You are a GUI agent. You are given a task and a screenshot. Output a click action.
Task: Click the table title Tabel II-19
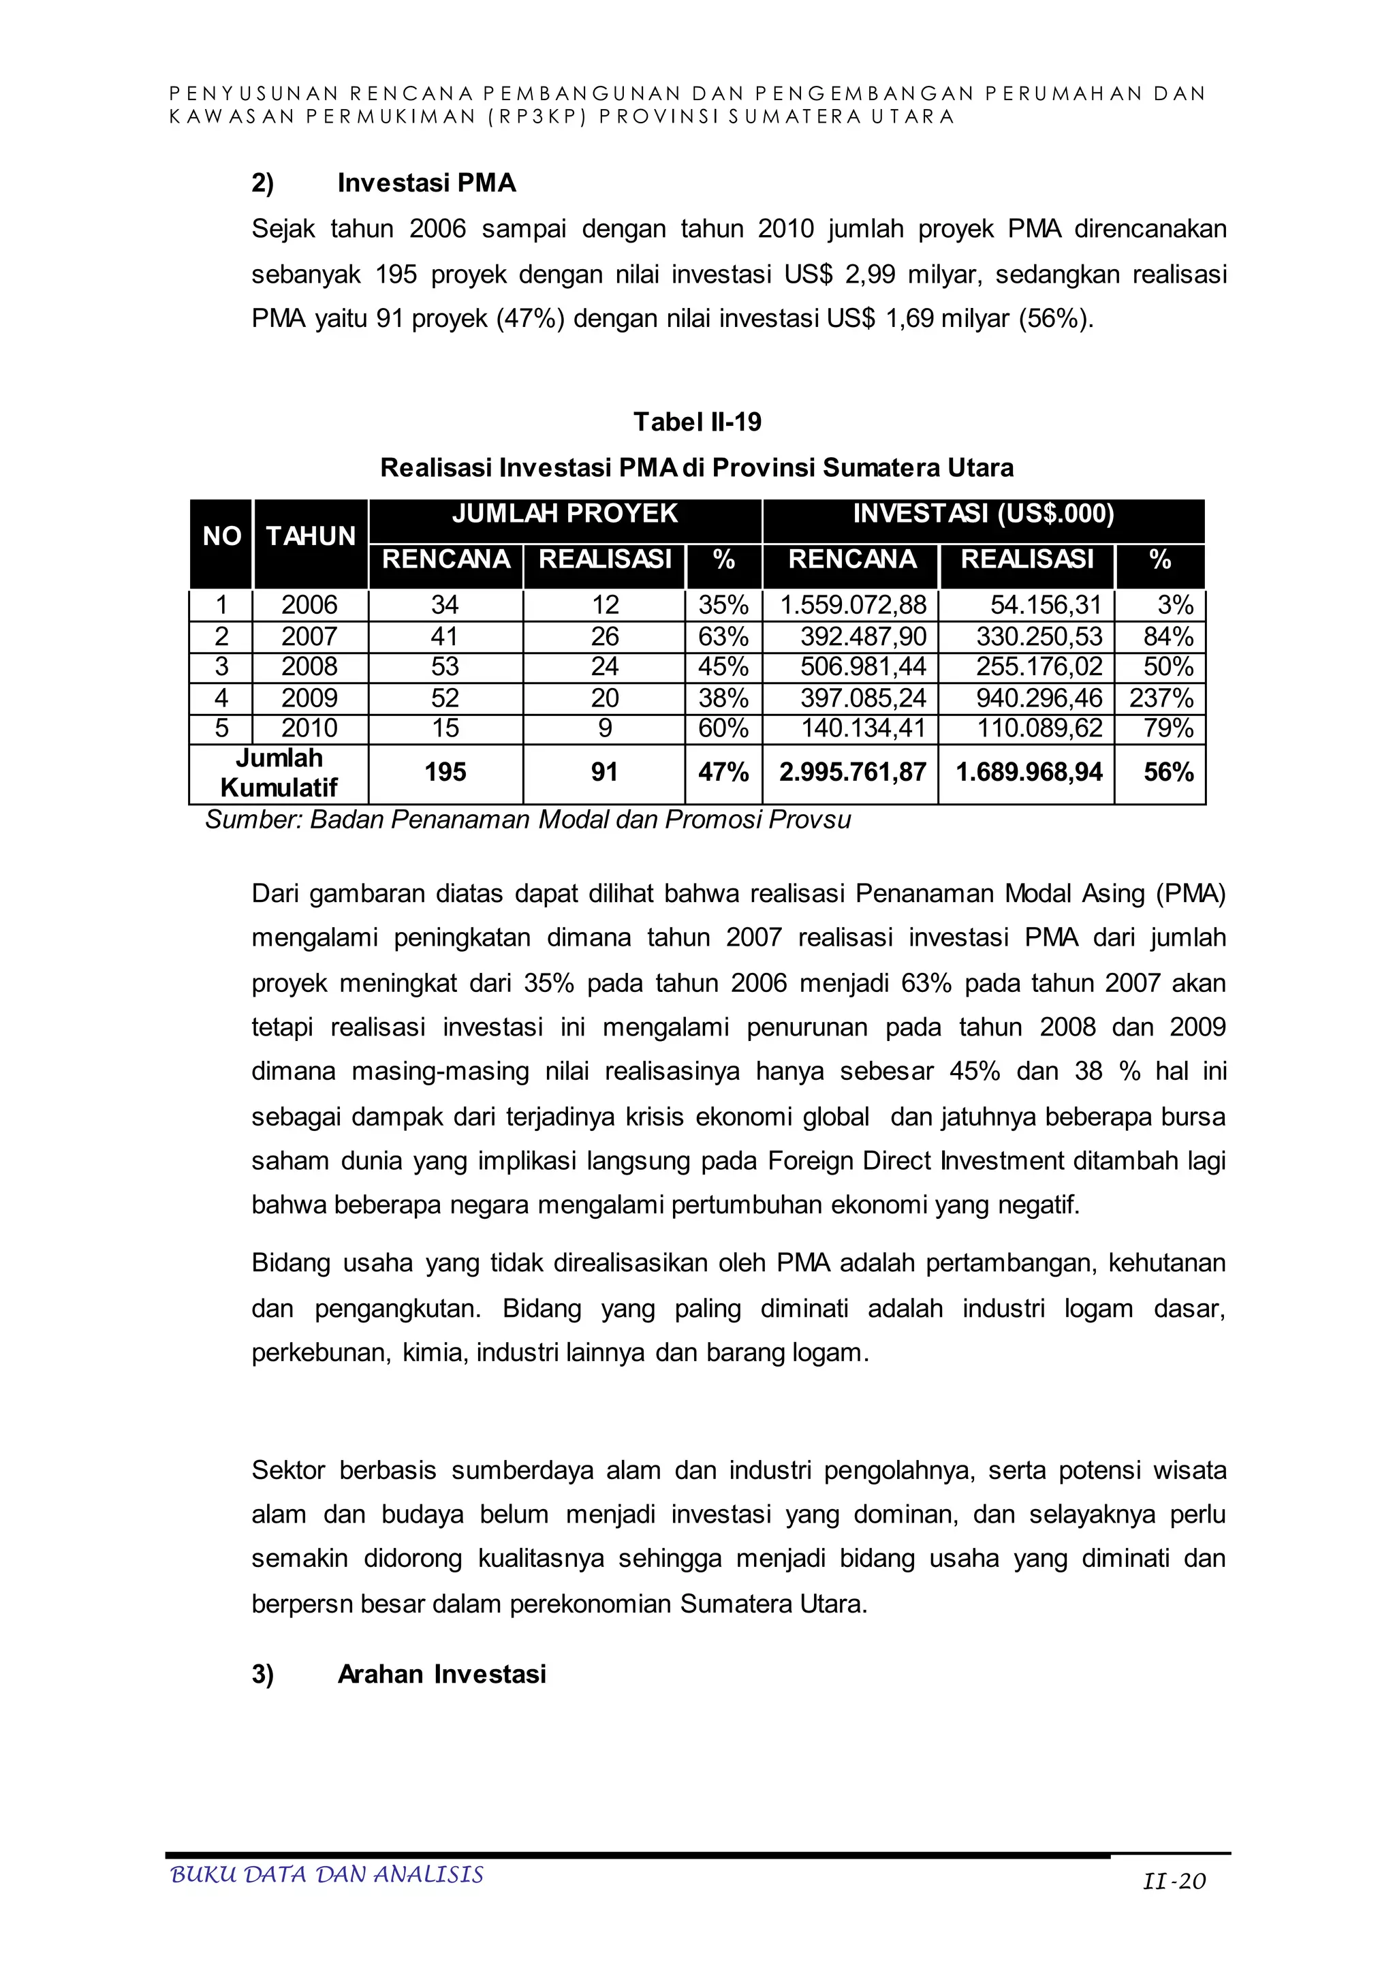[697, 422]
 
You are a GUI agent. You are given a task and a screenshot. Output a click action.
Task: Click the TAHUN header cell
[310, 536]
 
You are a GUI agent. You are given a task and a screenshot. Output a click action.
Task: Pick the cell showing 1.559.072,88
[852, 605]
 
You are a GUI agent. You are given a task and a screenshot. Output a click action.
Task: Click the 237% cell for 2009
[1161, 698]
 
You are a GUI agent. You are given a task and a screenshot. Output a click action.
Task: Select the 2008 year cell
[309, 667]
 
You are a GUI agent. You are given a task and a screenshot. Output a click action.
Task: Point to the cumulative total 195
[445, 772]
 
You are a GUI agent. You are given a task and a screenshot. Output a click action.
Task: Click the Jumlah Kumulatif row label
[279, 773]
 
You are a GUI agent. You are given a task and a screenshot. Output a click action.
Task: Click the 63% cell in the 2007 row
[723, 637]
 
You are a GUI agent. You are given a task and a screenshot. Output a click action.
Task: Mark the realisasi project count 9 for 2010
[604, 729]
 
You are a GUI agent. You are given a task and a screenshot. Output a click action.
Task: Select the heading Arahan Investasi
[441, 1674]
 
